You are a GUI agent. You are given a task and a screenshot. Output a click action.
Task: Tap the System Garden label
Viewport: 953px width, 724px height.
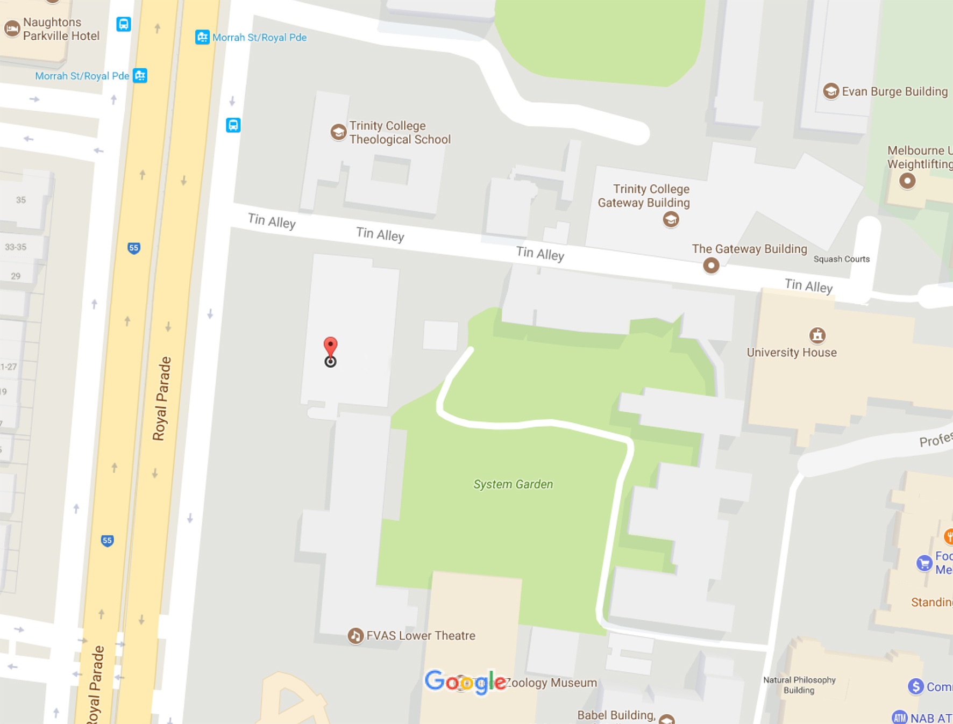[513, 484]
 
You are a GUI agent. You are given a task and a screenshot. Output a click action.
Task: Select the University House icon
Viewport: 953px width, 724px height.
[817, 335]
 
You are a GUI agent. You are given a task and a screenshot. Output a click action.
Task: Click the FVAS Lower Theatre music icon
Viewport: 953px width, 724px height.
[355, 636]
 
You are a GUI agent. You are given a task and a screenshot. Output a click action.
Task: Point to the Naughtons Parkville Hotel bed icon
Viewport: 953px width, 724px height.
[12, 28]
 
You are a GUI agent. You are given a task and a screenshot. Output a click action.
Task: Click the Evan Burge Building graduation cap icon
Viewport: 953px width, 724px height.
[831, 91]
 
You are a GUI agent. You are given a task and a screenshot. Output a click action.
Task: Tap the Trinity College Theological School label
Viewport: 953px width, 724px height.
[400, 133]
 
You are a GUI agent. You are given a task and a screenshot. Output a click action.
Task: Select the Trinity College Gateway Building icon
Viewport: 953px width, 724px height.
[671, 219]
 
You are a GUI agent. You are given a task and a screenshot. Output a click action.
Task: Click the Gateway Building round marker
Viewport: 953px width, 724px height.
[711, 265]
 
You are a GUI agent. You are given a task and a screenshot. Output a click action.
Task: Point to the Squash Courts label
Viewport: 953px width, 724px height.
[841, 259]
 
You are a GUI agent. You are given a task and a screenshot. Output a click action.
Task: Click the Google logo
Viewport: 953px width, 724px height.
[465, 682]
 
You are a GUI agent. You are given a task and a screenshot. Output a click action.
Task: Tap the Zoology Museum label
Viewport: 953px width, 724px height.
[551, 683]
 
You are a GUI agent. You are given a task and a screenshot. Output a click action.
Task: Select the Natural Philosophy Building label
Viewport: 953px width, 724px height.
[799, 685]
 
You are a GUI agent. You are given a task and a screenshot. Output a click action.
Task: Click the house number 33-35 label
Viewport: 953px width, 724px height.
[16, 247]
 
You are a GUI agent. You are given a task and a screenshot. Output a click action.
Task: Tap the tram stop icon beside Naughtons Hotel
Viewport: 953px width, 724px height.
[124, 24]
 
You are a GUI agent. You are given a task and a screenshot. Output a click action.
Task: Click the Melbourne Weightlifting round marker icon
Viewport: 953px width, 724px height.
[907, 181]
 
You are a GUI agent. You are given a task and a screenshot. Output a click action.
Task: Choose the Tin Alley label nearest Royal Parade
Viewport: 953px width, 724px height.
[272, 221]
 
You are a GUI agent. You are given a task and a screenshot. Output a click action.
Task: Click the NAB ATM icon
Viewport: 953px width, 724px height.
[899, 717]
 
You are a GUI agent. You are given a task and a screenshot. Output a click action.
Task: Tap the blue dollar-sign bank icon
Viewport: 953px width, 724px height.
[915, 686]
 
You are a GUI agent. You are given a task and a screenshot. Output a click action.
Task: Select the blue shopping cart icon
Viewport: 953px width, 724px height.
[924, 563]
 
